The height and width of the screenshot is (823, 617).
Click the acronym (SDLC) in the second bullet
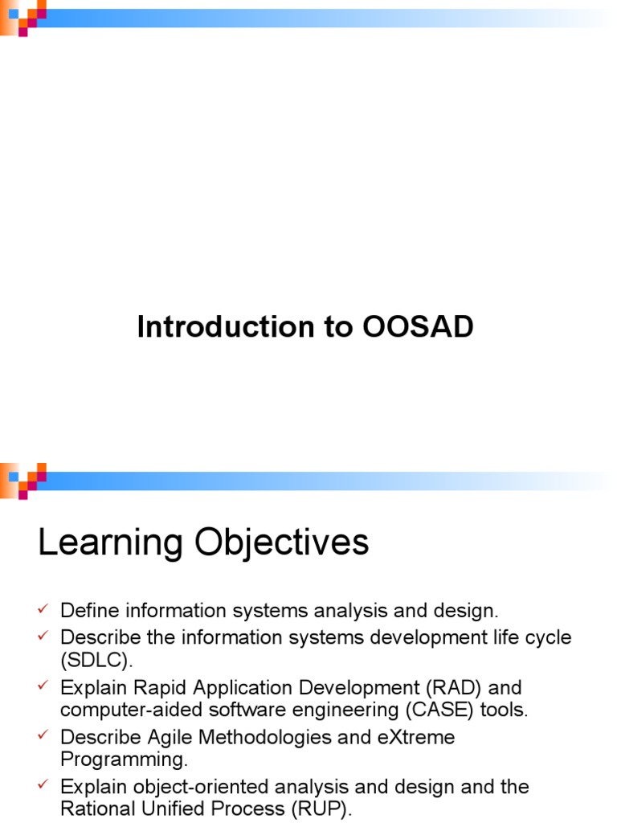tap(95, 661)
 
